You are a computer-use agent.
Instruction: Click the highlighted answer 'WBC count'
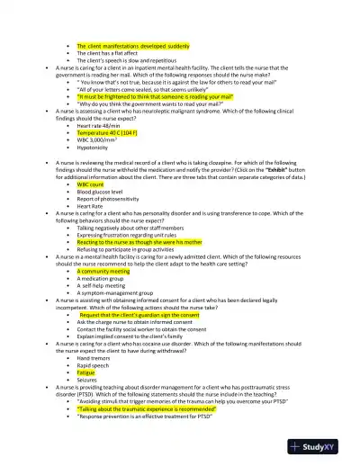point(93,184)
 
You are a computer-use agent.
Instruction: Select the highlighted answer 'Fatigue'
point(87,372)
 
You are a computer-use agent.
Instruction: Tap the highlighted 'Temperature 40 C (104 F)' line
point(114,131)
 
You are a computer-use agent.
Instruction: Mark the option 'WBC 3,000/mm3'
point(100,139)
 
